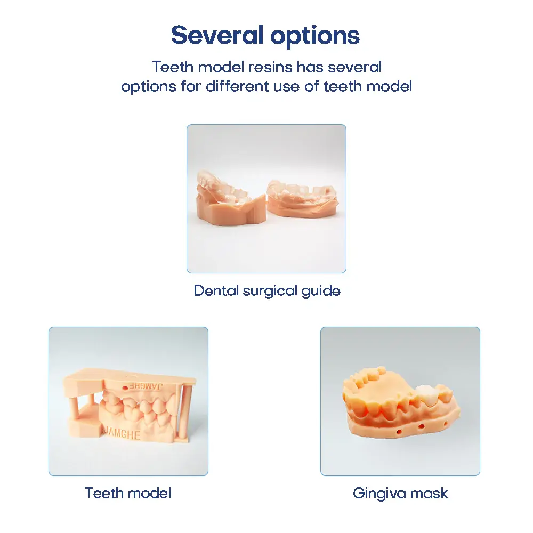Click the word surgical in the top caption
pos(270,291)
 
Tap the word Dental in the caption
pos(216,291)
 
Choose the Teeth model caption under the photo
pos(128,493)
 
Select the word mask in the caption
pos(432,493)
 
